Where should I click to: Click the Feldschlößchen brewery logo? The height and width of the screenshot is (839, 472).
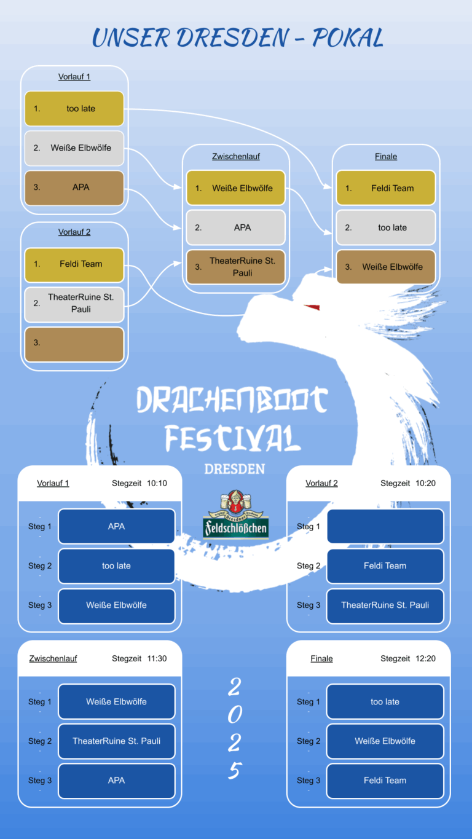235,514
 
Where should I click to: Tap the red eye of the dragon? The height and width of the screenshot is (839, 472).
312,307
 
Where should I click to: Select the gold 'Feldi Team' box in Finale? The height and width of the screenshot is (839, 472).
386,188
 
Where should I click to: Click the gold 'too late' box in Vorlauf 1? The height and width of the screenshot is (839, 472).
74,109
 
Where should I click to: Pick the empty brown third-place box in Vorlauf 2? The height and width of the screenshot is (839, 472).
74,345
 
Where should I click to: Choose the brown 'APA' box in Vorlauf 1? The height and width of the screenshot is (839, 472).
74,187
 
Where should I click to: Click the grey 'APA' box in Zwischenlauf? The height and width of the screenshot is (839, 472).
235,227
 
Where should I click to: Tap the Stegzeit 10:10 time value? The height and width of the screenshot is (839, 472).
157,483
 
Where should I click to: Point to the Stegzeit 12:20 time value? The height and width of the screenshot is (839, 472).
425,658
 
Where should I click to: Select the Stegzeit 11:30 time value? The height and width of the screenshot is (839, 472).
157,658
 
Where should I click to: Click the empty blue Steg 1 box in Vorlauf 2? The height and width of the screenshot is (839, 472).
385,526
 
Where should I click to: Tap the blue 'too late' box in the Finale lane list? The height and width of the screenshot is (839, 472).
385,701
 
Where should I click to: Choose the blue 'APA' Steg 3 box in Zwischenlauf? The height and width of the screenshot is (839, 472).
117,780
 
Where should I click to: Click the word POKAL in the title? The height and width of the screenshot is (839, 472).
348,38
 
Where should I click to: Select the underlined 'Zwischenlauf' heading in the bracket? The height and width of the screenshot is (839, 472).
236,157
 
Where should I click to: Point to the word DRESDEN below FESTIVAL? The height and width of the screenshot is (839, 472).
235,469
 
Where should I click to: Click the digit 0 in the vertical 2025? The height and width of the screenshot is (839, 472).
235,715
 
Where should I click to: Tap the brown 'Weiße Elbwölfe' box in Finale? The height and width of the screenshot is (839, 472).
386,267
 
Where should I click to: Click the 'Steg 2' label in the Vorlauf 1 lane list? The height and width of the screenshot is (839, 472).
40,565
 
